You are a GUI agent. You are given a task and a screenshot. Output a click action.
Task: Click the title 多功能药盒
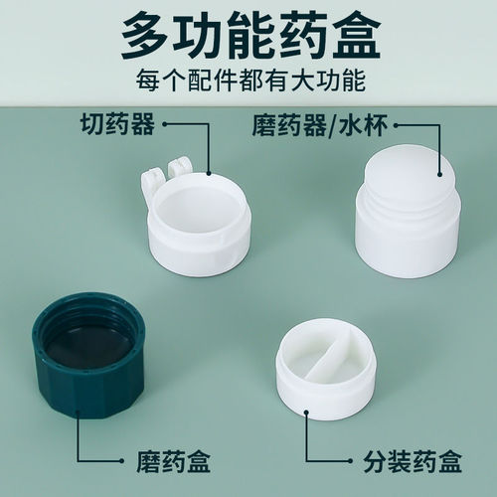click(248, 38)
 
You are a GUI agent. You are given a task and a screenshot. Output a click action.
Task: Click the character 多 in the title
click(145, 38)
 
